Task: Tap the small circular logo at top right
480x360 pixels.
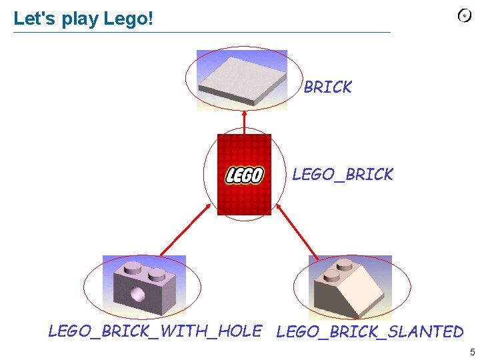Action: point(465,16)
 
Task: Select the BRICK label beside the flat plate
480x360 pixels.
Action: point(327,87)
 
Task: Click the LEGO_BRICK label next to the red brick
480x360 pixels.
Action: point(343,175)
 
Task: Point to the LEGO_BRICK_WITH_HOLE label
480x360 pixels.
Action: point(155,331)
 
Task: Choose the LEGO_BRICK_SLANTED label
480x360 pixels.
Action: point(369,331)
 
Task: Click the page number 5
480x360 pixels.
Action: point(472,352)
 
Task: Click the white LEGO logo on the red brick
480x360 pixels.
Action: point(244,175)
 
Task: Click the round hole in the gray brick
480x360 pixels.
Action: point(138,293)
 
